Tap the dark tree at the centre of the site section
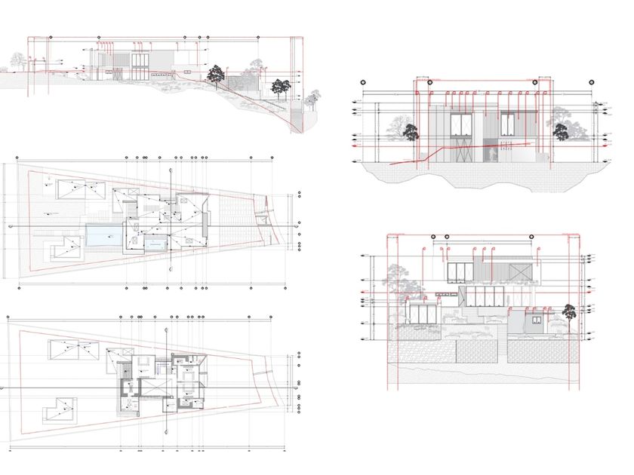tap(217, 74)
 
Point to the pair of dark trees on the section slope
tap(280, 87)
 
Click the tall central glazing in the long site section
tap(140, 65)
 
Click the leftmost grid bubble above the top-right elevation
tap(362, 81)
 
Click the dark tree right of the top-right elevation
tap(560, 133)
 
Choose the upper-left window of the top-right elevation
tap(460, 124)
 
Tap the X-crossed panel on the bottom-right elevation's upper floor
tap(520, 272)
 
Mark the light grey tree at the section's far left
tap(15, 60)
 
